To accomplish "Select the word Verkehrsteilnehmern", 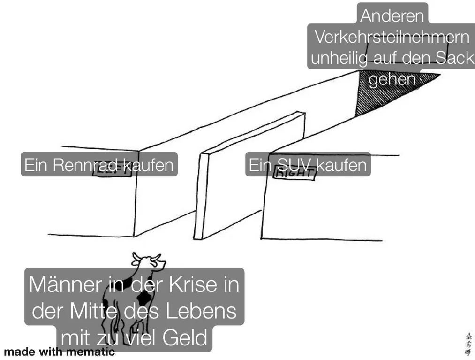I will point(392,37).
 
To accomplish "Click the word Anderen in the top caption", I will point(392,16).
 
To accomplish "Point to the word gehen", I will point(392,79).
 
